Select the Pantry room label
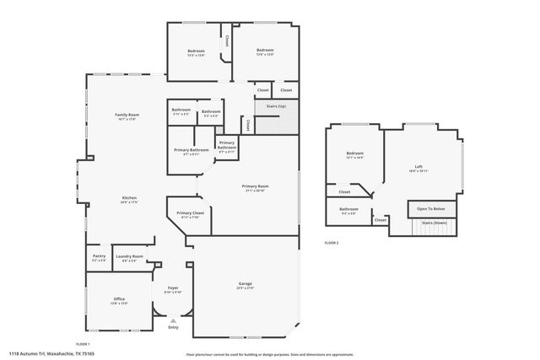[99, 256]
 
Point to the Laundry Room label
[129, 256]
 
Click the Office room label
[119, 299]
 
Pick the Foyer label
[173, 288]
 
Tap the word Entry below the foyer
[173, 327]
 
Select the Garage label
[245, 283]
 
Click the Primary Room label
[255, 185]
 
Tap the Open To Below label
[431, 208]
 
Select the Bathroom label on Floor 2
[348, 209]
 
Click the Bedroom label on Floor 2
[354, 153]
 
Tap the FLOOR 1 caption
[83, 344]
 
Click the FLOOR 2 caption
[332, 243]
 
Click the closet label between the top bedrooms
[226, 40]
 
